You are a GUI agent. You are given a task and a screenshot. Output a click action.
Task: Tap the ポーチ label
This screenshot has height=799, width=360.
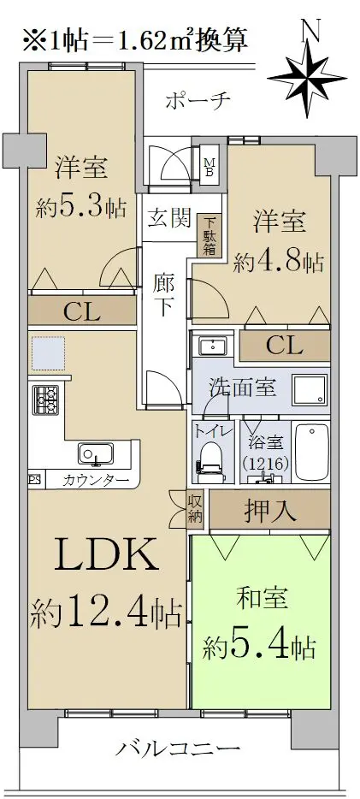198,99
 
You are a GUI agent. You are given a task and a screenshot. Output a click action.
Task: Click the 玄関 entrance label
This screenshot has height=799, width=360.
168,219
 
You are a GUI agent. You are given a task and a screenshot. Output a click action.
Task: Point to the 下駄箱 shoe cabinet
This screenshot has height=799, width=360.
210,236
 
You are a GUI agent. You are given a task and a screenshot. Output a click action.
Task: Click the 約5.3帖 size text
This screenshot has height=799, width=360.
81,208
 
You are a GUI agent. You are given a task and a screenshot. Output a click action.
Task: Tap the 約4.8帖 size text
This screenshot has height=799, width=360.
278,262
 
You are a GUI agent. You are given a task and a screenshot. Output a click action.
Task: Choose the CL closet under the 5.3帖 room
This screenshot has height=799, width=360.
82,311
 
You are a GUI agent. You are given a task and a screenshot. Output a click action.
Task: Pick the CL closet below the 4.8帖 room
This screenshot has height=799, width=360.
285,346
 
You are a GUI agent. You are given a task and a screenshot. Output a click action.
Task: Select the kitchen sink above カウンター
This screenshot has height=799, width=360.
96,453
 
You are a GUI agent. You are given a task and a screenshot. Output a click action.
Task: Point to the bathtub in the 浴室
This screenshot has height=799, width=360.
311,452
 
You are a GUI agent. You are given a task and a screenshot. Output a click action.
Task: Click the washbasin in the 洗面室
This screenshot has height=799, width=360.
209,346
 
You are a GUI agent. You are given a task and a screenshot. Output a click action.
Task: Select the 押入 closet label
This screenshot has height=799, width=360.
270,511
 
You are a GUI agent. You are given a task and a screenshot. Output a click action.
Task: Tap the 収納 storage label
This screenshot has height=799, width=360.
195,508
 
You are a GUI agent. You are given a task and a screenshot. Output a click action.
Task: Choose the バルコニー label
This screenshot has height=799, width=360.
177,749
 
